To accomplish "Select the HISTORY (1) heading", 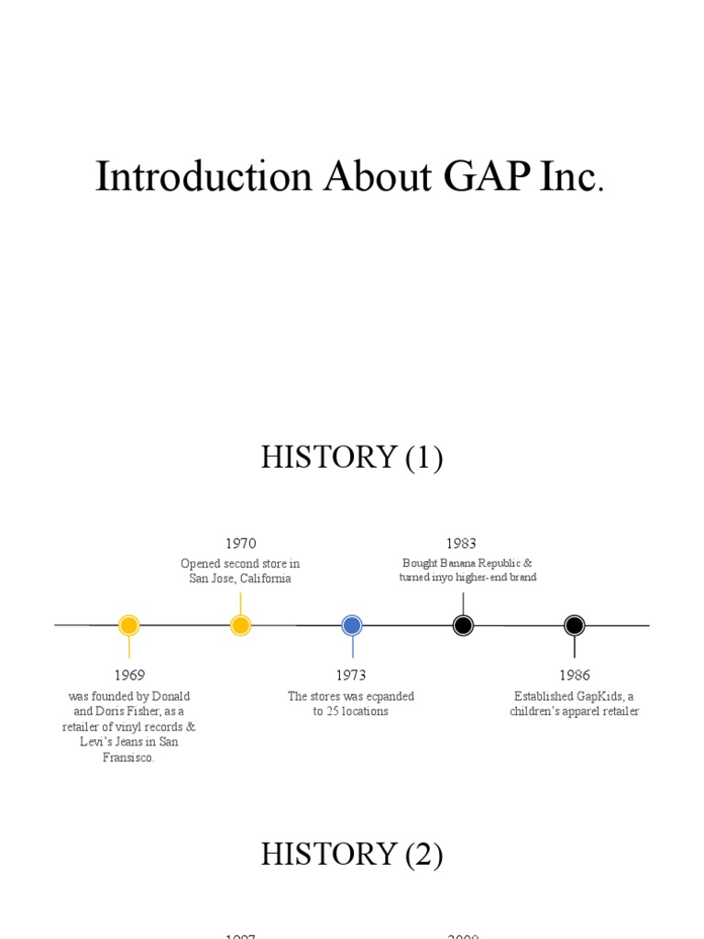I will click(351, 457).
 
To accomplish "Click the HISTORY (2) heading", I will click(351, 855).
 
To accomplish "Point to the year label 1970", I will click(240, 544).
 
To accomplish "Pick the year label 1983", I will click(462, 544).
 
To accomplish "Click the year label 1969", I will click(129, 675).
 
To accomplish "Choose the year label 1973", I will click(351, 675).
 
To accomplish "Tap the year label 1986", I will click(575, 675).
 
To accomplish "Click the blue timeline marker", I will click(352, 625).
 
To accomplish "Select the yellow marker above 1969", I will click(129, 625).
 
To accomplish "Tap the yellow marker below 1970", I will click(240, 625).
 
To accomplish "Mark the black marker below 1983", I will click(463, 625).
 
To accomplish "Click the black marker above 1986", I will click(575, 625).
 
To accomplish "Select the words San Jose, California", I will click(240, 579).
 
